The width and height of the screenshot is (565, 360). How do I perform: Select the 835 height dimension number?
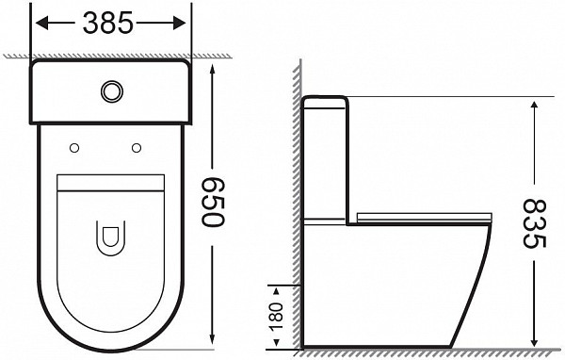534,222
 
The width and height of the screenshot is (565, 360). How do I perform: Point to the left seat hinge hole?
73,147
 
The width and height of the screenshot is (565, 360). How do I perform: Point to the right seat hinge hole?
137,147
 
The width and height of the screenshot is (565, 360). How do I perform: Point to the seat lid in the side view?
424,218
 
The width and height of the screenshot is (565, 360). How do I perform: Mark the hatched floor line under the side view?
414,352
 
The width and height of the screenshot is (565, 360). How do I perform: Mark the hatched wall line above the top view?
113,56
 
